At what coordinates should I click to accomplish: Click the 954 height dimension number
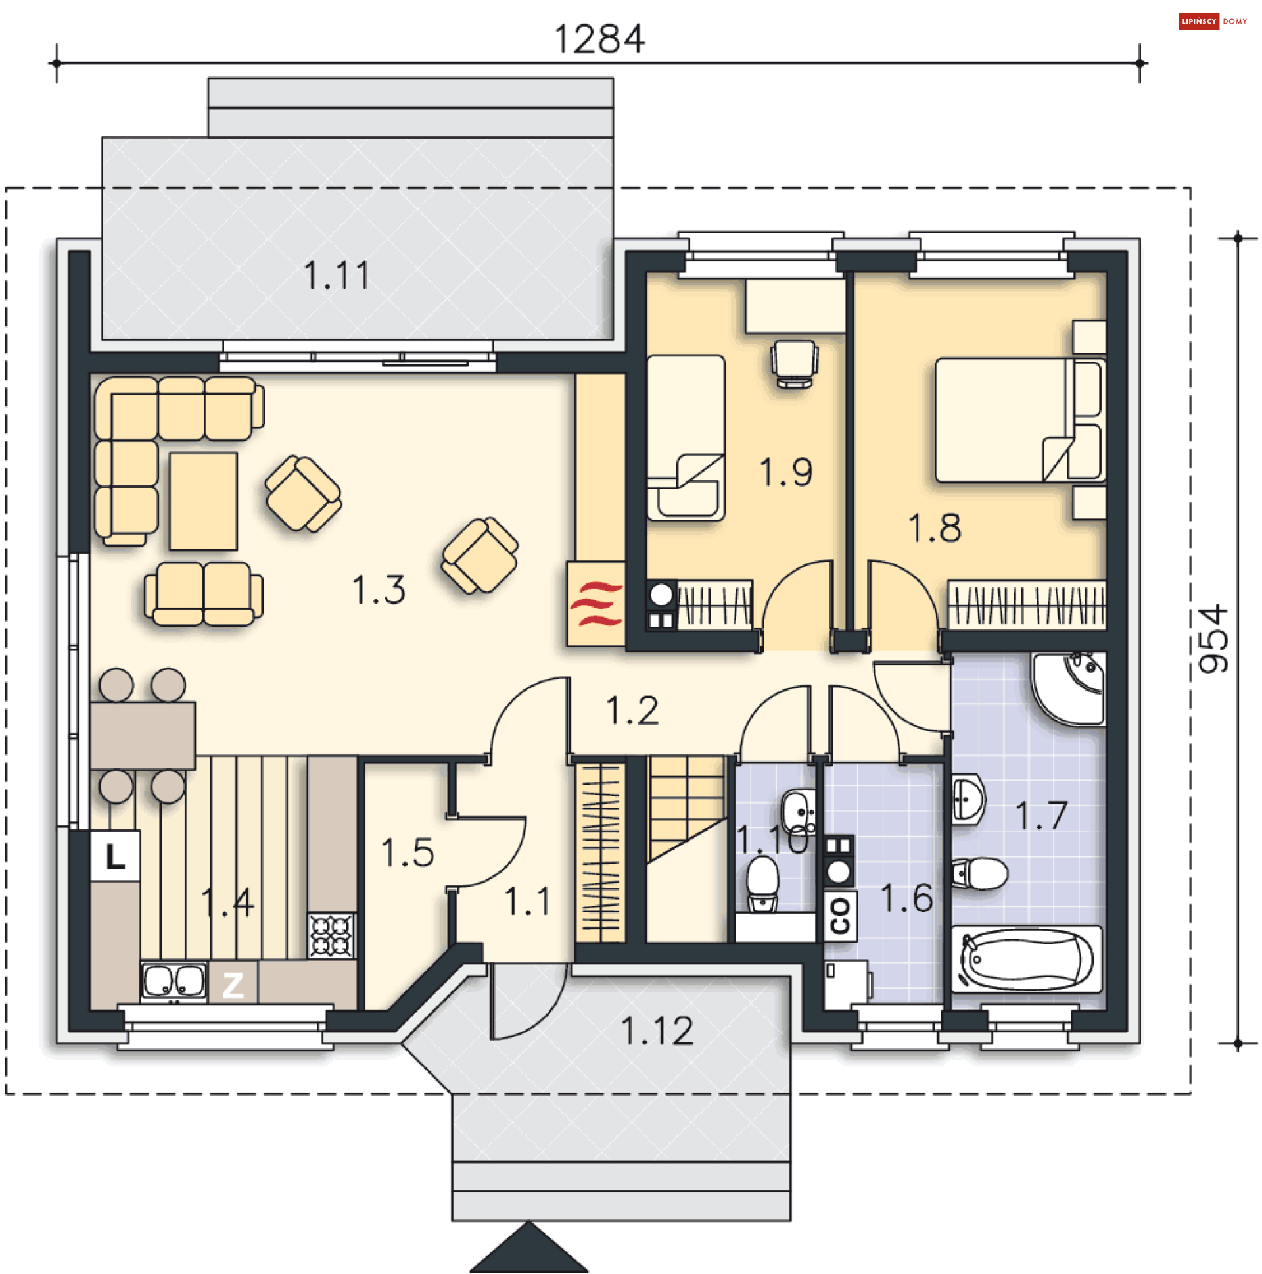coord(1212,639)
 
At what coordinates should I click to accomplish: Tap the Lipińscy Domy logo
coord(1212,21)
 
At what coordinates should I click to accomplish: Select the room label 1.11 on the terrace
coord(336,275)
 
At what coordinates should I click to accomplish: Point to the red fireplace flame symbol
coord(596,603)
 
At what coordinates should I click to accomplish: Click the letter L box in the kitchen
coord(115,856)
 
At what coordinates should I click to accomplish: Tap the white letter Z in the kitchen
coord(233,985)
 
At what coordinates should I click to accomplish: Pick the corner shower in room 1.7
coord(1068,688)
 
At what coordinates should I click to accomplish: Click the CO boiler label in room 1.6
coord(840,916)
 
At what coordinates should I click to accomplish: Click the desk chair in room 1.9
coord(795,363)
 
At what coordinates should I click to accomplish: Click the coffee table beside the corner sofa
coord(203,501)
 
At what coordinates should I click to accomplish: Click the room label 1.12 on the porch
coord(657,1031)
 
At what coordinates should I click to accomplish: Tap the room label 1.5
coord(408,852)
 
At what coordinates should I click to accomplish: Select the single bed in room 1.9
coord(686,438)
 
